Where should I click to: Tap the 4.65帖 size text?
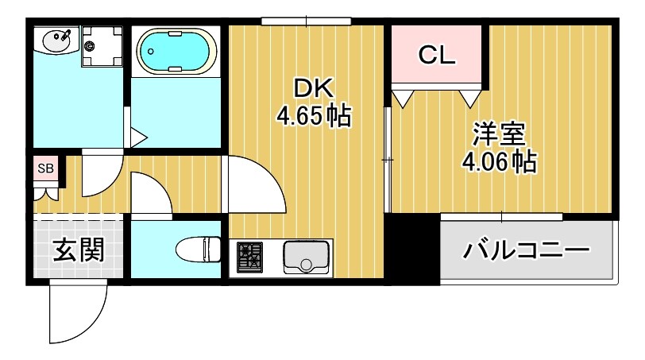pyautogui.click(x=313, y=117)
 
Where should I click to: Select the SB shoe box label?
pyautogui.click(x=45, y=168)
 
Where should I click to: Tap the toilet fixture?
pyautogui.click(x=198, y=249)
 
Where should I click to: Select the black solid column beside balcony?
pyautogui.click(x=412, y=249)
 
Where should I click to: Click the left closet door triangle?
pyautogui.click(x=404, y=98)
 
